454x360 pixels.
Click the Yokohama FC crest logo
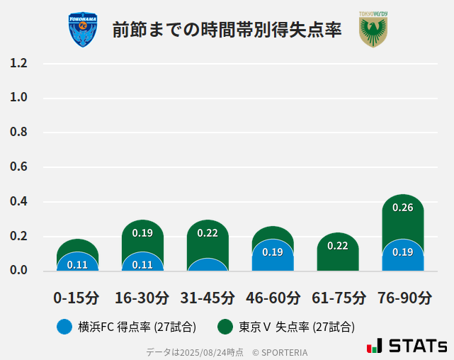click(83, 30)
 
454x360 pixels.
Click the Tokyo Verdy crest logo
click(373, 30)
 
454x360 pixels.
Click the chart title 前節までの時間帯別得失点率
click(227, 30)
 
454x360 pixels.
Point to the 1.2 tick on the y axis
click(18, 63)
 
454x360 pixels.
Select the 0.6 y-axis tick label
click(18, 167)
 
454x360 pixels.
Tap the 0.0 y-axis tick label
click(18, 271)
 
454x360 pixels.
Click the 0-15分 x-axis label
click(76, 298)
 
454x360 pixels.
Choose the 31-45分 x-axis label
click(208, 298)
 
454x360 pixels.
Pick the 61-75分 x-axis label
click(339, 298)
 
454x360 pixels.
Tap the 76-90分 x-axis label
click(404, 298)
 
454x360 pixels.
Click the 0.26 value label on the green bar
click(403, 208)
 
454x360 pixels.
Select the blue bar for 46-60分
click(273, 257)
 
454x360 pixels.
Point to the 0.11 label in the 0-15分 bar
click(77, 265)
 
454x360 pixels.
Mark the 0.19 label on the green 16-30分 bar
click(142, 232)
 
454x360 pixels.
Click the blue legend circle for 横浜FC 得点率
click(64, 327)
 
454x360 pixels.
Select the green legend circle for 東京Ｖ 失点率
click(225, 327)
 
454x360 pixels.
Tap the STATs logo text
click(417, 347)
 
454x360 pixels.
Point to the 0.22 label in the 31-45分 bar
click(208, 232)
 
